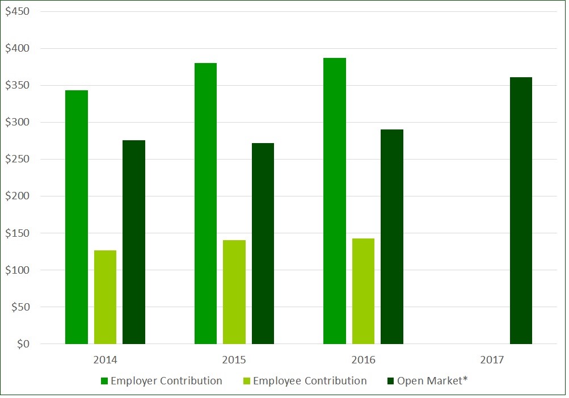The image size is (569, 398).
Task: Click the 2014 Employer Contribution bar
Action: (x=77, y=217)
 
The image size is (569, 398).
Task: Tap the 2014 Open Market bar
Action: (x=134, y=242)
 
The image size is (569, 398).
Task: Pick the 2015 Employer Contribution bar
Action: (x=205, y=203)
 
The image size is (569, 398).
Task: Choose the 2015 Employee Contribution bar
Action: (x=234, y=292)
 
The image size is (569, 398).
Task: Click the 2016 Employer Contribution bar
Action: (x=335, y=201)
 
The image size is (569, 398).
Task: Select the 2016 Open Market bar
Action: (x=392, y=237)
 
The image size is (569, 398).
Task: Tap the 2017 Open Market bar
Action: (x=521, y=211)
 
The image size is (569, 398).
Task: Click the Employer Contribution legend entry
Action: (x=161, y=381)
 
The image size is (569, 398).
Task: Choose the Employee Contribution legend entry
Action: (x=304, y=381)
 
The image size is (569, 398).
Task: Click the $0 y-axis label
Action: (x=23, y=344)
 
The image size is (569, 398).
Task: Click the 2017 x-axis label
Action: (x=492, y=360)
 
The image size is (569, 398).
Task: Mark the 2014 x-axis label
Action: (x=105, y=360)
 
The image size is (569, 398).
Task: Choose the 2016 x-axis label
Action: (x=363, y=360)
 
